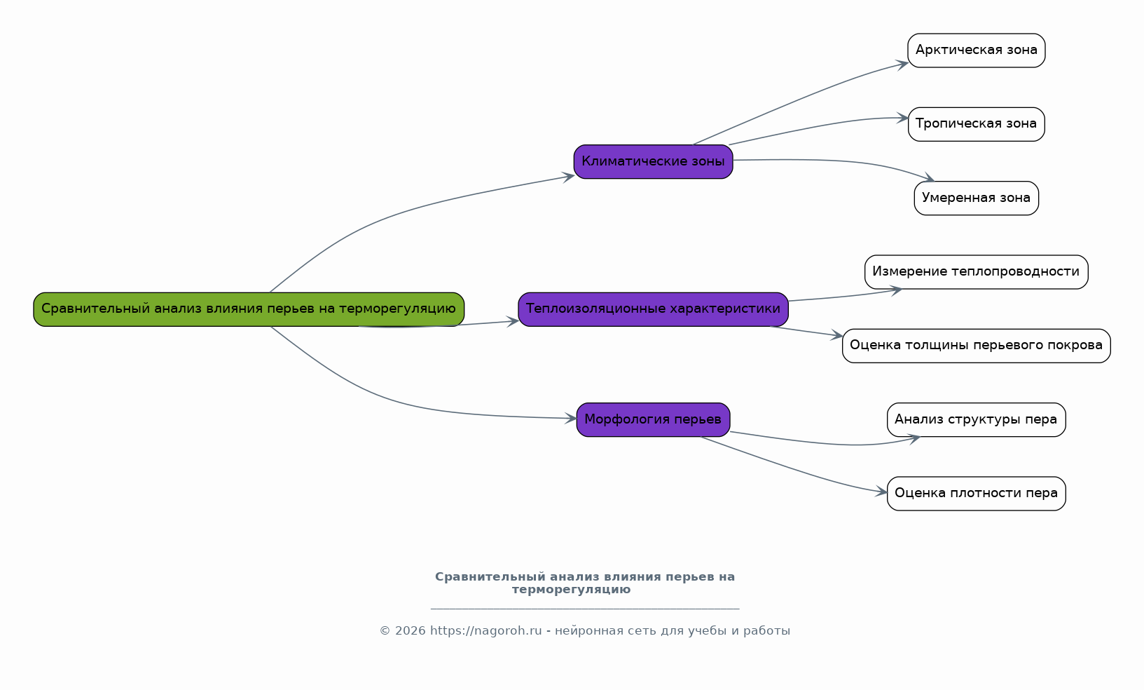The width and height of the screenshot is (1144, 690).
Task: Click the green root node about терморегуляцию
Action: [x=249, y=309]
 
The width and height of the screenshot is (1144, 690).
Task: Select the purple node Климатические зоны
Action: [x=653, y=161]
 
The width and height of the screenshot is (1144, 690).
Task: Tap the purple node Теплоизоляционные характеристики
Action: [x=653, y=309]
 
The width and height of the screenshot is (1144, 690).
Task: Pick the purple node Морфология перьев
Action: [x=653, y=419]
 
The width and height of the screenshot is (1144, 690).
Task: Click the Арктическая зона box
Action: [x=977, y=50]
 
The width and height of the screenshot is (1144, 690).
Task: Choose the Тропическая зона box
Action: [x=977, y=124]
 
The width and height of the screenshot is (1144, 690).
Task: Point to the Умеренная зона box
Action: [x=977, y=198]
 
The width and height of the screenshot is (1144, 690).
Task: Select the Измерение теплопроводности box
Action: [x=977, y=272]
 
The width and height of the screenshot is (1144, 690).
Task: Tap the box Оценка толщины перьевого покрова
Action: [x=977, y=346]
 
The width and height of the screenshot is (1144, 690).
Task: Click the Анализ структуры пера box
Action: [x=977, y=419]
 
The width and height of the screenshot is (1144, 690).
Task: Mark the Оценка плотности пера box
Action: [x=977, y=494]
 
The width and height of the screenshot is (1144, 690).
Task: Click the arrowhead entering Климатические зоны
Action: [x=568, y=177]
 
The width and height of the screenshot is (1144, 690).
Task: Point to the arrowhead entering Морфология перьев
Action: [x=571, y=418]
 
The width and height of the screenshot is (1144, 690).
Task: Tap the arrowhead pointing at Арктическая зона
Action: [x=902, y=65]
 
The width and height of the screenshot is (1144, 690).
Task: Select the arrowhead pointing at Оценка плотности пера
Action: [x=881, y=492]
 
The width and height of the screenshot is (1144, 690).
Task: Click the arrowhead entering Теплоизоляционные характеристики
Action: [x=513, y=321]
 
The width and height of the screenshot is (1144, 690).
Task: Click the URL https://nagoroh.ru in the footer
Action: [x=485, y=630]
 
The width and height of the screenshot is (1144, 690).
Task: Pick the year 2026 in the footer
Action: [x=410, y=630]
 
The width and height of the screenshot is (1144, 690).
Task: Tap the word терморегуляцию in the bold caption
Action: [x=572, y=590]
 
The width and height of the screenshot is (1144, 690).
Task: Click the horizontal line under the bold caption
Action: [x=585, y=609]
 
